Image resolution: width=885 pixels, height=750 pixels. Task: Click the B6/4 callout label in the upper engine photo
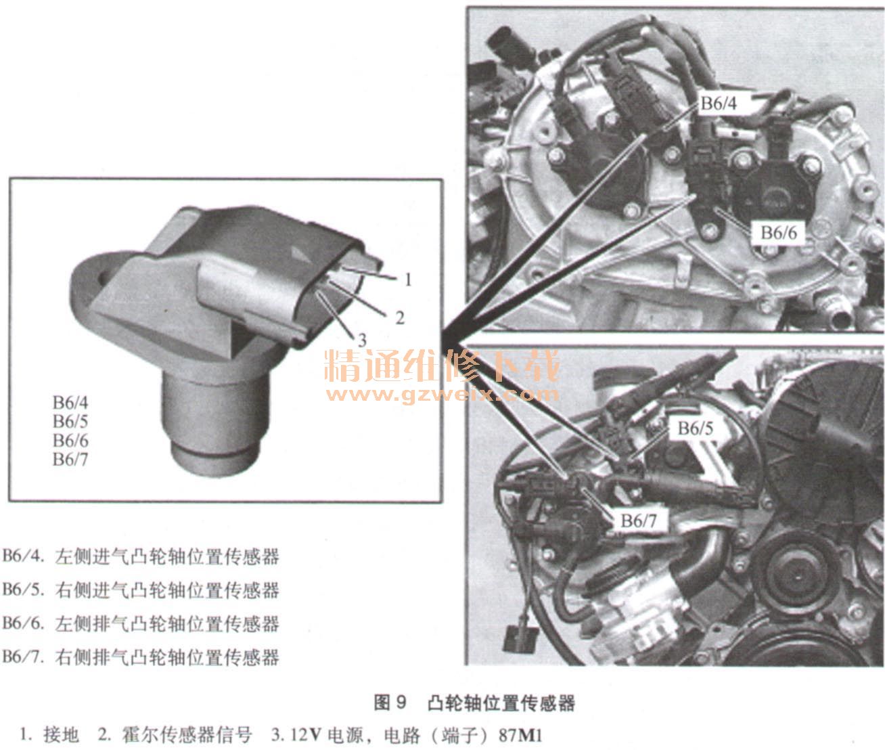(719, 104)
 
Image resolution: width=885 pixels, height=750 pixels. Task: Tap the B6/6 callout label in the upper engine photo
(778, 233)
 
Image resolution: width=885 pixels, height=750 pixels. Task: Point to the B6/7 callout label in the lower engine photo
(639, 521)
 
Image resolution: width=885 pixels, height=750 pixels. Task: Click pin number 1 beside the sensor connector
(408, 280)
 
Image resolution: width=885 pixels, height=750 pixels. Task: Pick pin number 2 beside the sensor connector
(400, 318)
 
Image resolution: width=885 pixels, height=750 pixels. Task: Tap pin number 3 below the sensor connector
(362, 340)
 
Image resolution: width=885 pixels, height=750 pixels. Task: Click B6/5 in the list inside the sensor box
(70, 422)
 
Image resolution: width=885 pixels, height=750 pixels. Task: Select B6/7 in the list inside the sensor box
(70, 460)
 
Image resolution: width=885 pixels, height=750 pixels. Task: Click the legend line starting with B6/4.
(141, 556)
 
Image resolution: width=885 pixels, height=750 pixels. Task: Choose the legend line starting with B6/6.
(141, 623)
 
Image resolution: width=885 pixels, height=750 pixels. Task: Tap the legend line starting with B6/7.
(141, 657)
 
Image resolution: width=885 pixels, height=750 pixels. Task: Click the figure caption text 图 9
(389, 703)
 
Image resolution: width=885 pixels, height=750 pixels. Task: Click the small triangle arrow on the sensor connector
(301, 255)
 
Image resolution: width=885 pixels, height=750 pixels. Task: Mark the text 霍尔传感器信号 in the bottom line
(187, 736)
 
